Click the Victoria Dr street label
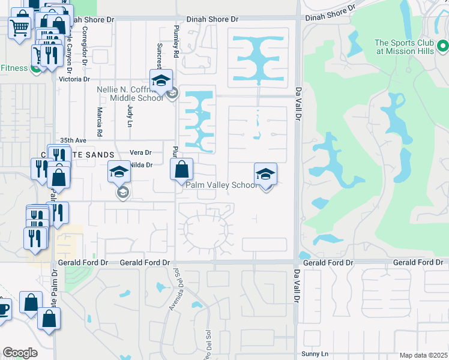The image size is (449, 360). (74, 79)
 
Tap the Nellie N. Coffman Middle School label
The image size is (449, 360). (130, 94)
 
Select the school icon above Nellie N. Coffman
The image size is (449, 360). (161, 81)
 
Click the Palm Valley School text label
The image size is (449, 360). (221, 185)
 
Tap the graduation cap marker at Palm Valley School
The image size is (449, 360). (265, 175)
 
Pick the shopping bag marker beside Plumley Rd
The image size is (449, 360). (181, 170)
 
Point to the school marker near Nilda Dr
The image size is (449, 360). (119, 172)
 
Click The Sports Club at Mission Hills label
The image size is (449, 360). (405, 47)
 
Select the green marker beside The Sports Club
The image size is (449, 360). (443, 46)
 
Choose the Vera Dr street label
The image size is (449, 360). (140, 152)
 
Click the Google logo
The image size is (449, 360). (20, 353)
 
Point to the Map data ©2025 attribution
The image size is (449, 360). (423, 355)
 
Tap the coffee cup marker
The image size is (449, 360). (3, 310)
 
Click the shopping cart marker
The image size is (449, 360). (20, 27)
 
